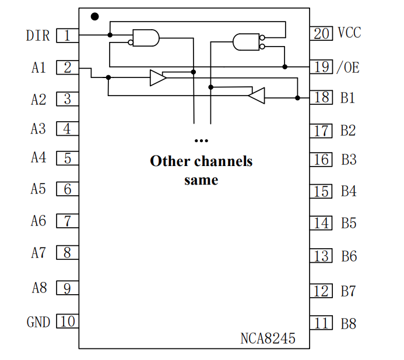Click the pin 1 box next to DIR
67,36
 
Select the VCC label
349,33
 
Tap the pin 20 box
321,33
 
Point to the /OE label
348,67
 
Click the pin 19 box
321,66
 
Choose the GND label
38,322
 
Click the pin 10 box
67,321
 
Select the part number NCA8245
268,338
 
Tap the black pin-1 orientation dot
95,16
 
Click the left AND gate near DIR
145,38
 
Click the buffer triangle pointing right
157,77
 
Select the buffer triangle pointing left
257,95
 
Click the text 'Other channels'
201,161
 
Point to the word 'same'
201,179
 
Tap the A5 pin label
38,189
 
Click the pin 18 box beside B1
321,97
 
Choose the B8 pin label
348,323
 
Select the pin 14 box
321,223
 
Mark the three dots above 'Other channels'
201,141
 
